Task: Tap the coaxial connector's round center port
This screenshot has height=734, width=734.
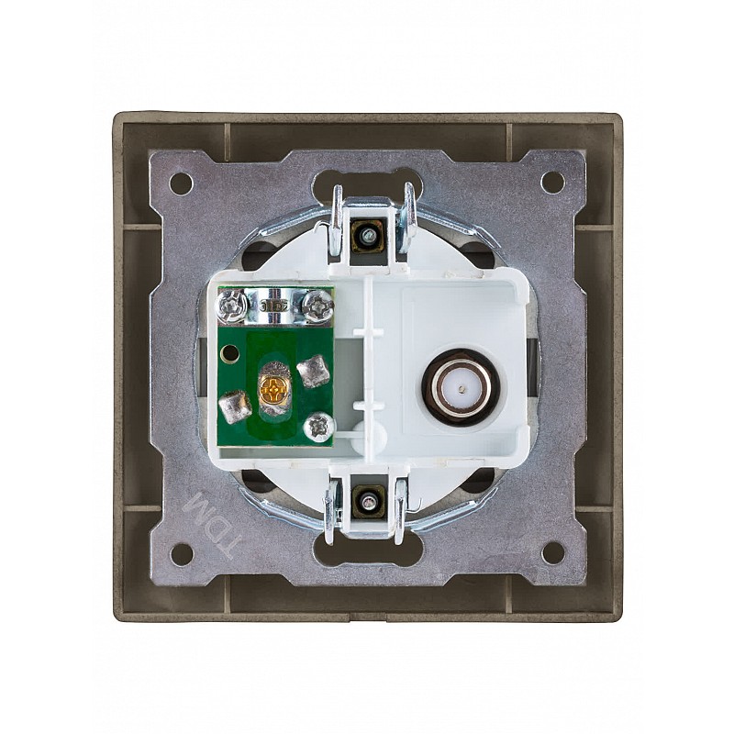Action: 462,388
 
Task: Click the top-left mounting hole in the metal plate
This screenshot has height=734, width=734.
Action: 182,181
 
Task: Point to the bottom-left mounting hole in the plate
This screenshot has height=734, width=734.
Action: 182,553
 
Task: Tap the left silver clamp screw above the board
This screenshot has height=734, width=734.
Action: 231,306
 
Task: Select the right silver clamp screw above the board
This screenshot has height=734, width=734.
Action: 317,307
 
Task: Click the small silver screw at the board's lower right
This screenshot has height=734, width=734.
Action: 318,426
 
